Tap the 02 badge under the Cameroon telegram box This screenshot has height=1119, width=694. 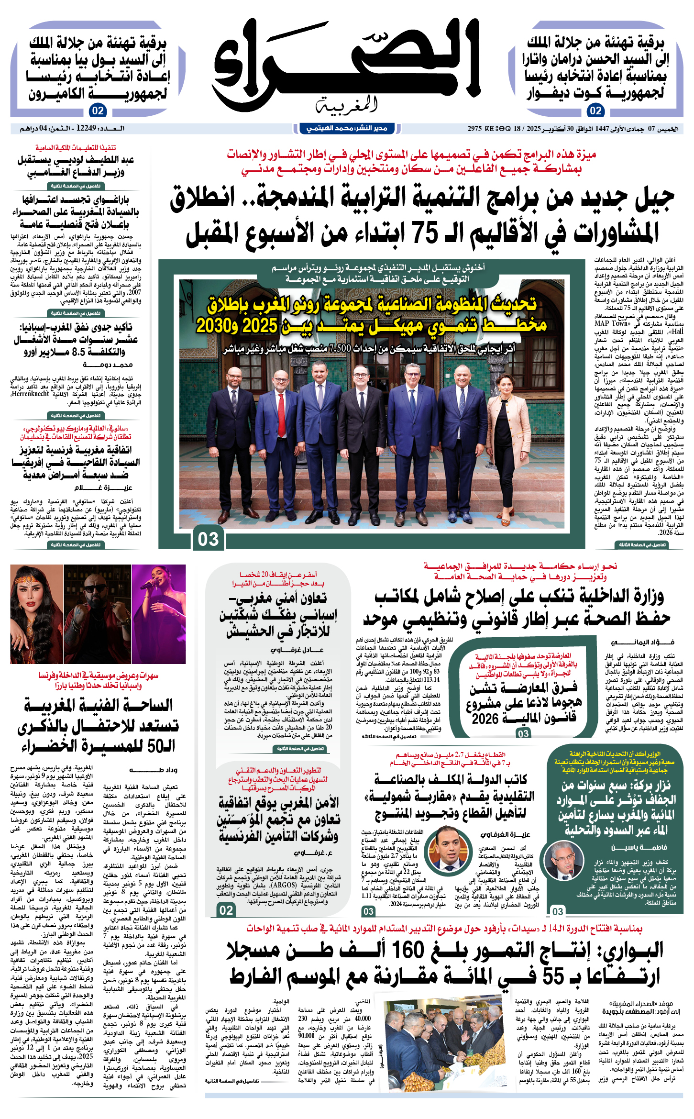point(98,111)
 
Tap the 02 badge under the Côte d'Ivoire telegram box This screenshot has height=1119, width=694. point(595,111)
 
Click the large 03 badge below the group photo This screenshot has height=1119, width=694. point(208,539)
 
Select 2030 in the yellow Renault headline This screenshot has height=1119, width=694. point(214,326)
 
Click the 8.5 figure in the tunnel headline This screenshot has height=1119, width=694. point(78,352)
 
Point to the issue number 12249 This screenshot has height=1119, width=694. point(86,128)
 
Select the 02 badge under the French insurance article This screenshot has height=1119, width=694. point(226,910)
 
